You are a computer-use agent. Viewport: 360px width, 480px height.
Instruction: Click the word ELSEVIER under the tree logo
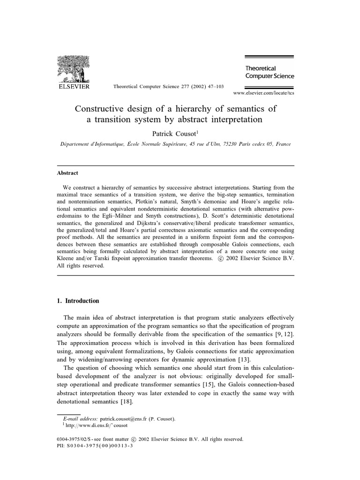tap(73, 86)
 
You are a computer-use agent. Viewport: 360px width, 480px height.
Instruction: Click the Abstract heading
tap(67, 172)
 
